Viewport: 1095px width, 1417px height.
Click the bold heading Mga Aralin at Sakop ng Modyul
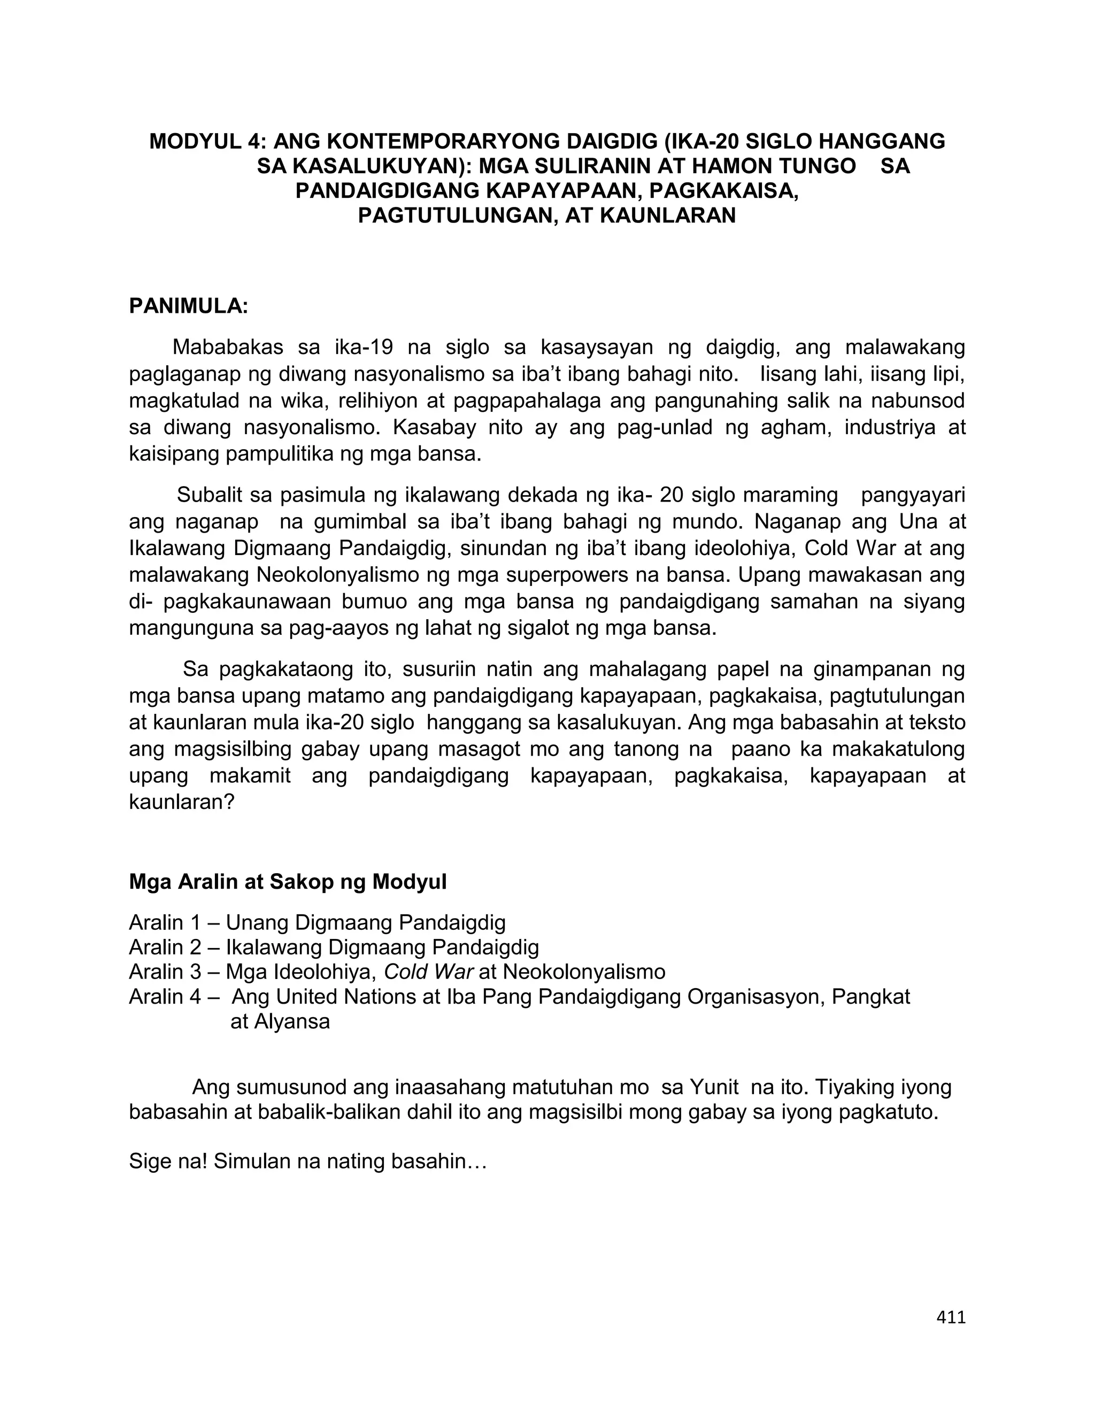coord(288,882)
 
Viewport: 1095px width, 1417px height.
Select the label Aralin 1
coord(165,922)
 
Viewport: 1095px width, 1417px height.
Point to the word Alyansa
coord(291,1022)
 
